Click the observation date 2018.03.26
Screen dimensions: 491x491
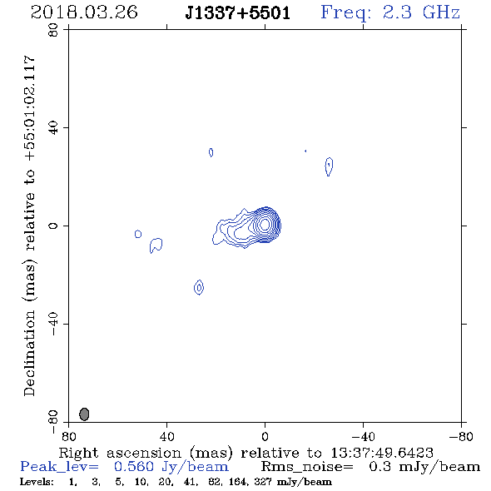(x=84, y=12)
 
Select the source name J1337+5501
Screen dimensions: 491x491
(x=238, y=13)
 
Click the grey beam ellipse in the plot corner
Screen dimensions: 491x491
(x=84, y=414)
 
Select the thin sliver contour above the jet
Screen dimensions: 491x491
(x=211, y=152)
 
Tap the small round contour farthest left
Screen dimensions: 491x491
(x=138, y=234)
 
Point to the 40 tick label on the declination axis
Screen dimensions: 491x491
(x=53, y=128)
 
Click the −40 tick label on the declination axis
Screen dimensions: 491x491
(x=53, y=324)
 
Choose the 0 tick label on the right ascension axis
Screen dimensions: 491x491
(x=265, y=437)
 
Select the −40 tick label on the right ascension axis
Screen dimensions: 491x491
(x=363, y=437)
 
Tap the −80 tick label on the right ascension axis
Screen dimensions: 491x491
(x=461, y=437)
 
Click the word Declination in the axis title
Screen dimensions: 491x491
(x=29, y=353)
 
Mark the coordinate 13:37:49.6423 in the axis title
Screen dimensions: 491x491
(x=382, y=453)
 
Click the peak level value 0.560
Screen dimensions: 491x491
(x=134, y=467)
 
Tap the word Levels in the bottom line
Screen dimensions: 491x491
(x=37, y=481)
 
